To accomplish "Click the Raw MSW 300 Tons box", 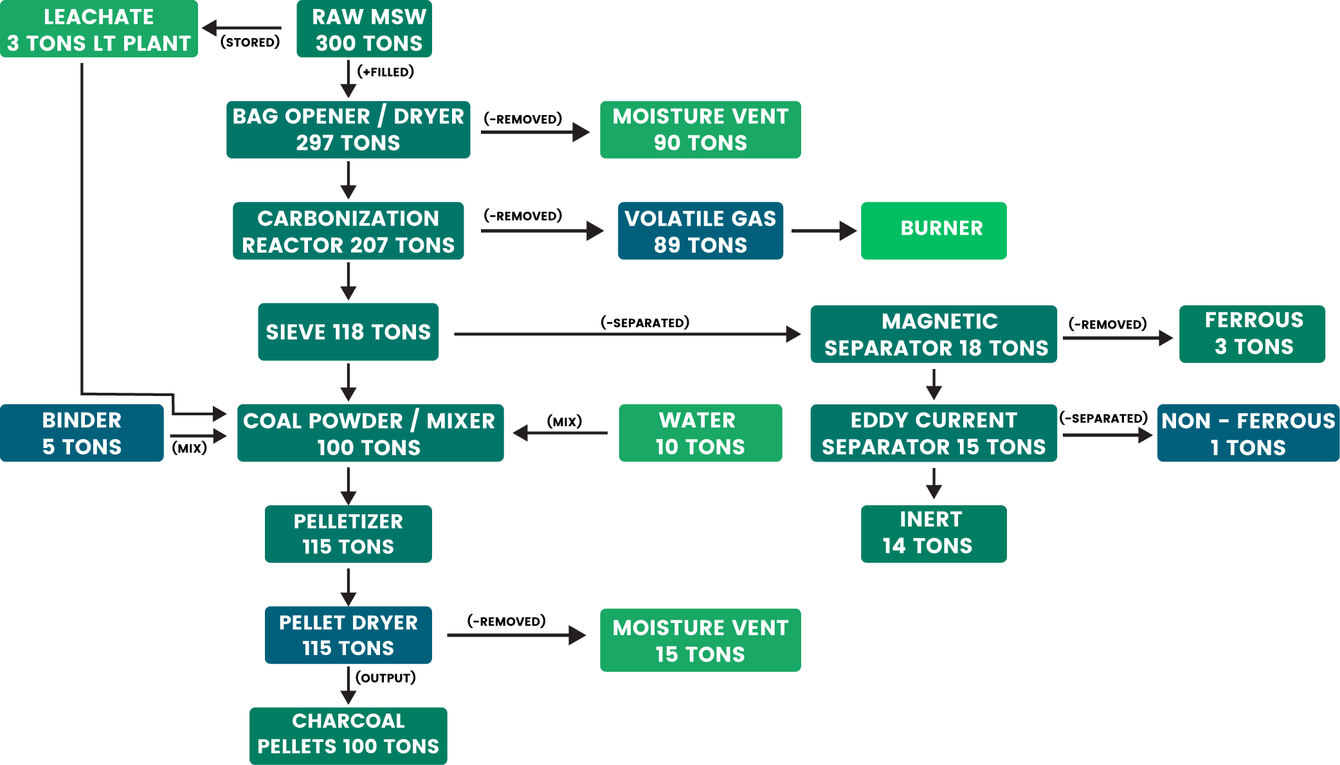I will (364, 29).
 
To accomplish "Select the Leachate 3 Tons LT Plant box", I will (99, 29).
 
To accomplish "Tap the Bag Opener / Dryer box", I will (348, 129).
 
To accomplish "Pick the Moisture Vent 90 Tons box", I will (700, 129).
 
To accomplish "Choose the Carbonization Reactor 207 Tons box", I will (348, 231).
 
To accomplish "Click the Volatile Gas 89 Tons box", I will (700, 231).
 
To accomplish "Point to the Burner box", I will (934, 231).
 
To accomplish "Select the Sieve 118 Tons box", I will (348, 332).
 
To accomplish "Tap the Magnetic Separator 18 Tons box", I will (934, 334).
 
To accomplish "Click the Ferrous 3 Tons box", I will (1252, 334).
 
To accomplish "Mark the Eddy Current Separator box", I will (934, 433).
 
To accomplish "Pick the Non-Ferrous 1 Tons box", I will (1248, 433).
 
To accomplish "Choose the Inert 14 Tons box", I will (934, 534).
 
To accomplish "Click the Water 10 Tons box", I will (700, 433).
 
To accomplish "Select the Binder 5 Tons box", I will (82, 433).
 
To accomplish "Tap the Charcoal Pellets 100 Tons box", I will (348, 736).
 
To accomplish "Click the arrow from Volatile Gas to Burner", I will (823, 231).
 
